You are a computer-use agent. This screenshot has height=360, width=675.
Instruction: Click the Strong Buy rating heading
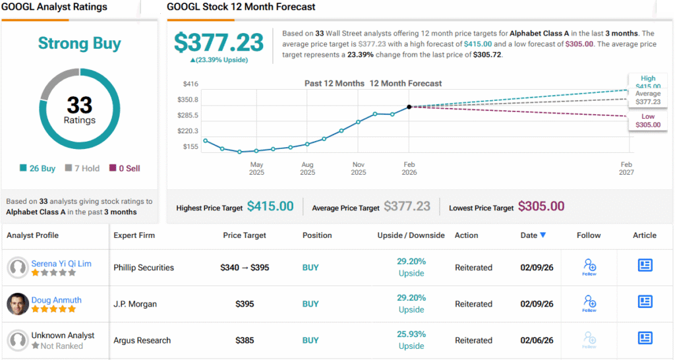click(x=79, y=44)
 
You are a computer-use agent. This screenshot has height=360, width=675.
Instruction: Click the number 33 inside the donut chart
click(x=79, y=105)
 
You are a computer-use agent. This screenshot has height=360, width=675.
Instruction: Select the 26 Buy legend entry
click(x=39, y=168)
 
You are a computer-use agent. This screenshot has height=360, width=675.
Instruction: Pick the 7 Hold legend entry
click(x=82, y=168)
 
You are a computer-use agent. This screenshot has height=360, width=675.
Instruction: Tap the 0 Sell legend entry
click(x=125, y=168)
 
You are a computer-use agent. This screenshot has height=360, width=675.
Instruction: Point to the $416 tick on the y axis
click(x=191, y=84)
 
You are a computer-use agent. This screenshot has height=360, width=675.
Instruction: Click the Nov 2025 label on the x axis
click(x=359, y=168)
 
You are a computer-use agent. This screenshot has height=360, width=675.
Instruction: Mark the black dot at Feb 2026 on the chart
click(x=409, y=106)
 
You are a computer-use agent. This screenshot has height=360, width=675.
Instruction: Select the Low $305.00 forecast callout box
click(x=647, y=121)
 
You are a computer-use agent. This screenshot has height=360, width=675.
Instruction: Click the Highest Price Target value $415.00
click(x=270, y=206)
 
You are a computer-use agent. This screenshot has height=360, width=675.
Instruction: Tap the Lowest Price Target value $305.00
click(x=541, y=206)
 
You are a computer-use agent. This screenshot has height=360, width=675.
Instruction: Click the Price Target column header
click(x=245, y=235)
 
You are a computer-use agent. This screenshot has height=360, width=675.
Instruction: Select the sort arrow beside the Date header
click(x=543, y=235)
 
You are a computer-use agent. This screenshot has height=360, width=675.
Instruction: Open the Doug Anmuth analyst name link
click(x=57, y=300)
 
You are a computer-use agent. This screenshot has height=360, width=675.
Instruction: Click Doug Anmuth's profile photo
click(x=18, y=304)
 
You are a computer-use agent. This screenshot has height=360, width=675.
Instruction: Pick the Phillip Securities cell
click(x=144, y=268)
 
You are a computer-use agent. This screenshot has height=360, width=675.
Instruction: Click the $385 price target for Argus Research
click(x=245, y=340)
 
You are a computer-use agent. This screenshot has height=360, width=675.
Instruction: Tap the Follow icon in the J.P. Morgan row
click(x=589, y=303)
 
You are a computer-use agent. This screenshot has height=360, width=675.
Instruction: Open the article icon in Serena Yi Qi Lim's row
click(x=645, y=265)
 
